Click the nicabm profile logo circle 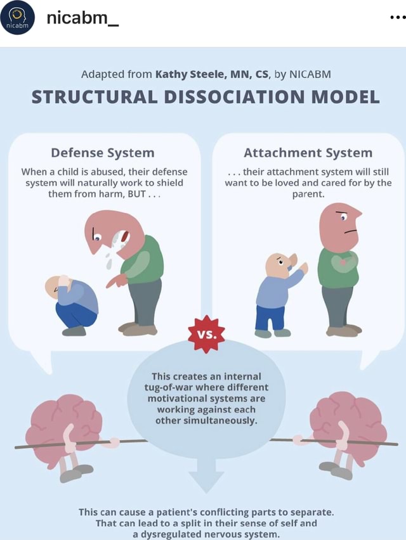[x=18, y=18]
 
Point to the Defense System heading [x=103, y=152]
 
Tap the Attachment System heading [x=308, y=152]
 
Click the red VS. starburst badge [x=206, y=333]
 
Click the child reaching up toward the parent [x=277, y=292]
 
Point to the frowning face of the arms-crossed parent [x=344, y=224]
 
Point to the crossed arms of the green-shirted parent [x=339, y=262]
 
